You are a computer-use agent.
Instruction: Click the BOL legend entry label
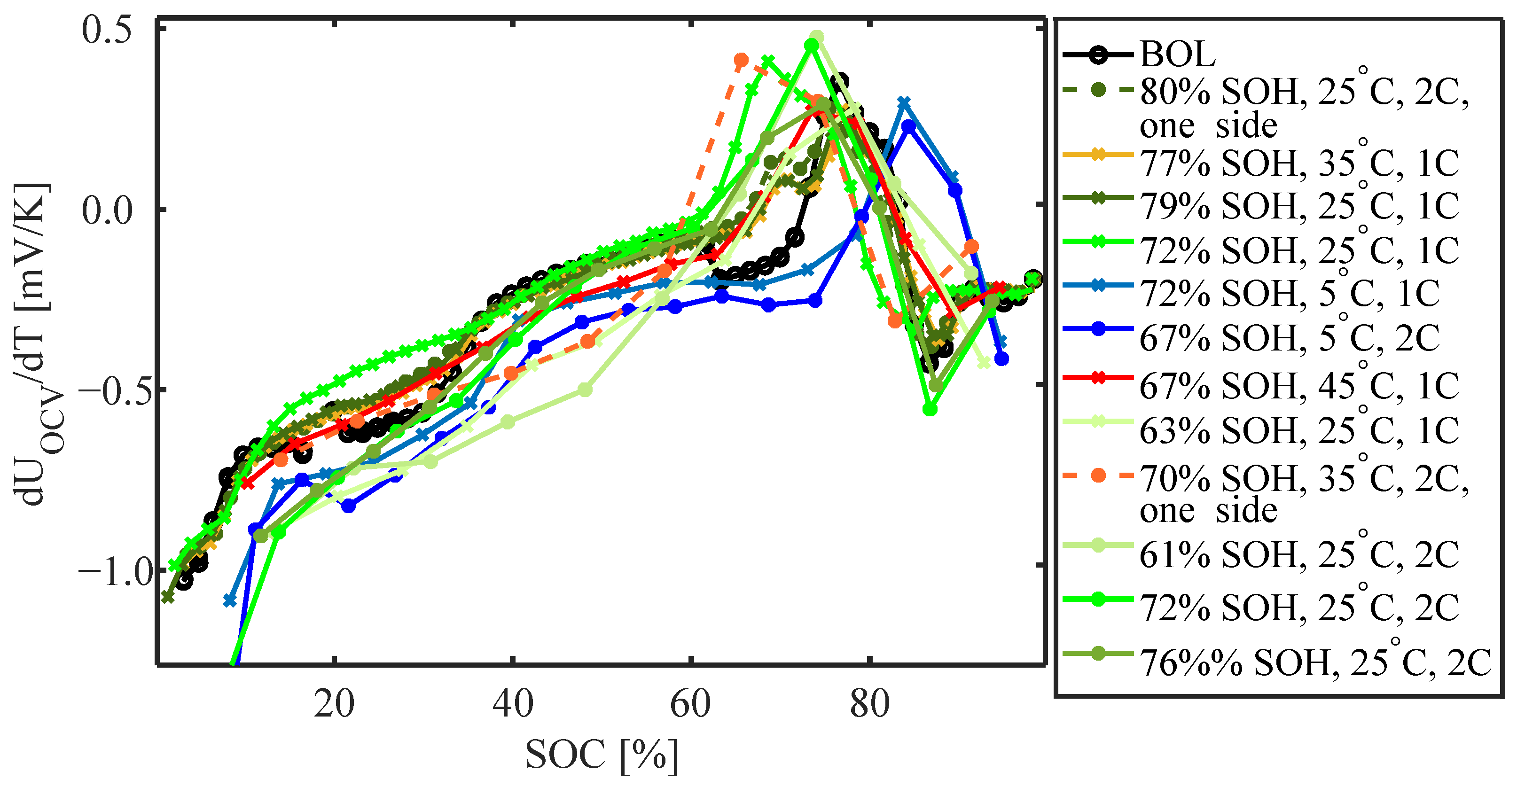[1177, 55]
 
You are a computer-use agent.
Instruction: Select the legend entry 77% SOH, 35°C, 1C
[1299, 163]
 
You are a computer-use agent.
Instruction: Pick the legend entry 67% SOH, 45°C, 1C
[1299, 386]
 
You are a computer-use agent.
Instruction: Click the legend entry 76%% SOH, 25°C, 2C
[1314, 662]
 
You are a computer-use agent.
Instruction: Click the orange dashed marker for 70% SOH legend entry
[1098, 475]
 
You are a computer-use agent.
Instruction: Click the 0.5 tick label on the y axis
[107, 30]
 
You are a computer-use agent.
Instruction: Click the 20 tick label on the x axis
[334, 703]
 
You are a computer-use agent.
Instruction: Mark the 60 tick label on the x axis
[690, 703]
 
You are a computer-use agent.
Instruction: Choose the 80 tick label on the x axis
[869, 703]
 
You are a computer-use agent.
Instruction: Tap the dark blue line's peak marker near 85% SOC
[909, 126]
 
